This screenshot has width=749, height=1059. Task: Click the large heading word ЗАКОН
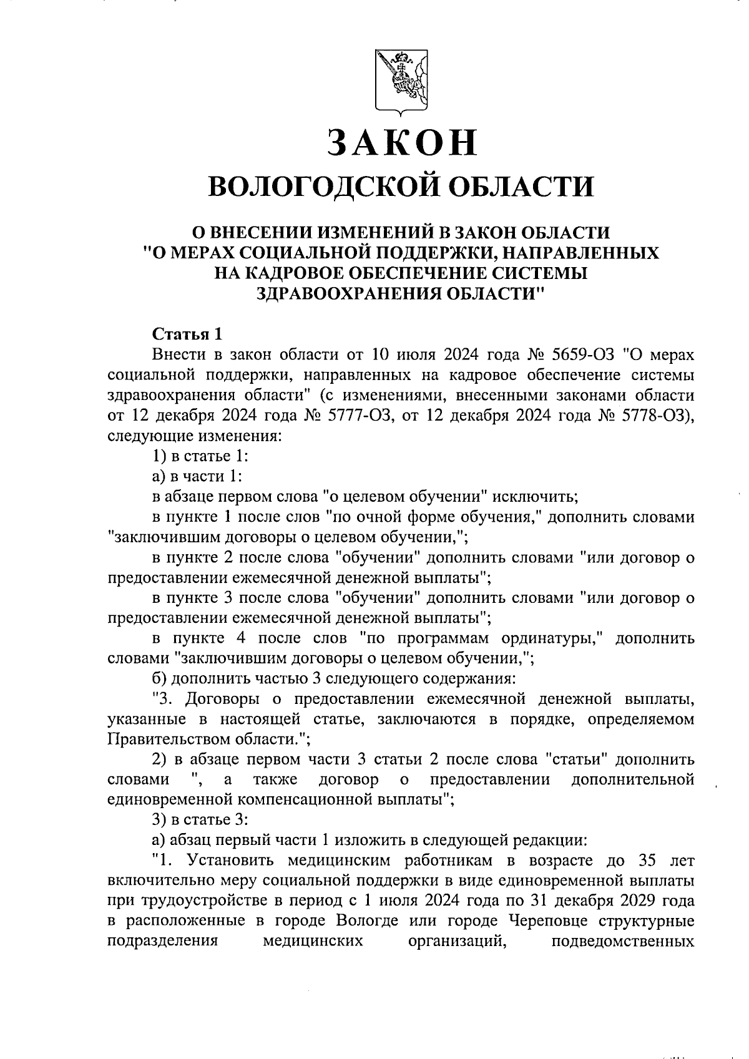click(400, 142)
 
